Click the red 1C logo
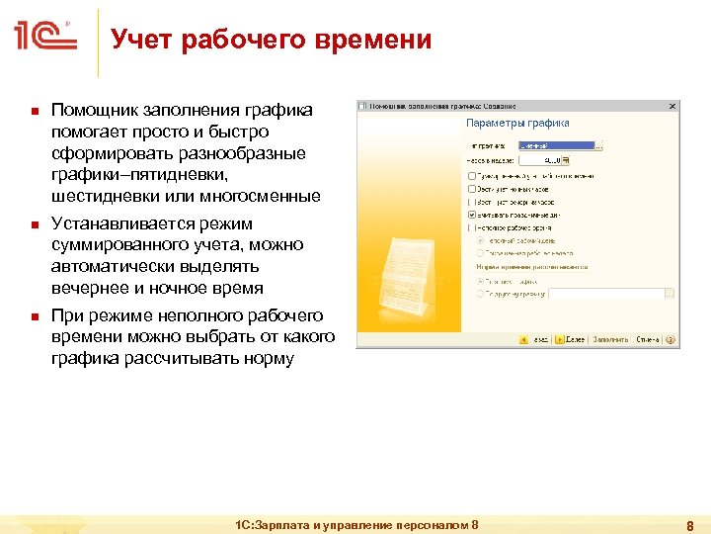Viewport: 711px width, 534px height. [x=45, y=38]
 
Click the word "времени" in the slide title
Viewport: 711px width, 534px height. [x=375, y=40]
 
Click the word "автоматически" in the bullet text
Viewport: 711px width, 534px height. [x=106, y=266]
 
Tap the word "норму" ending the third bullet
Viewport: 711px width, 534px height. [x=264, y=358]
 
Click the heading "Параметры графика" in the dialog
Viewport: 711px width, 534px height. [x=517, y=124]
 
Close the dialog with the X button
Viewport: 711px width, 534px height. [x=671, y=105]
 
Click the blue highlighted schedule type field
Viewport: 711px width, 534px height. [x=556, y=144]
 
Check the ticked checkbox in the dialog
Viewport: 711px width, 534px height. [x=471, y=214]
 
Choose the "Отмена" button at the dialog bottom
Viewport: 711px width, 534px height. [x=649, y=339]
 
